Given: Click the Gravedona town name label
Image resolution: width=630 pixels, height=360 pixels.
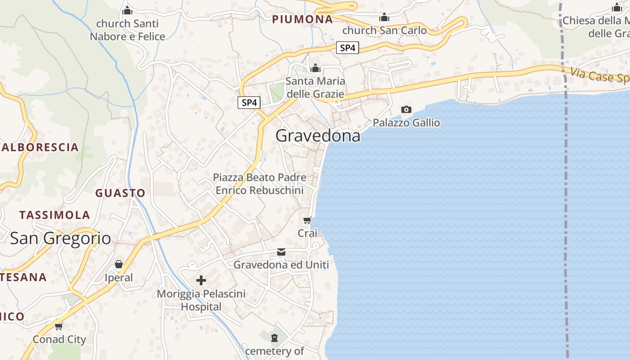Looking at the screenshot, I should [318, 135].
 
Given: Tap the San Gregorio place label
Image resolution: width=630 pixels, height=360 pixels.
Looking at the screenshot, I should [60, 238].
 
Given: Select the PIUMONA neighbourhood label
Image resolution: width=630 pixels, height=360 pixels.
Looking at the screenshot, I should [302, 19].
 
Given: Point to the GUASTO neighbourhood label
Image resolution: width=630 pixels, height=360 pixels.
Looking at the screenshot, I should [120, 193].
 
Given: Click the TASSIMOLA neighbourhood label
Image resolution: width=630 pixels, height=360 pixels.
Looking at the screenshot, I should [54, 215].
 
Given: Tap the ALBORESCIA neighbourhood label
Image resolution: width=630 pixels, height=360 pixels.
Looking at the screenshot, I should [40, 147].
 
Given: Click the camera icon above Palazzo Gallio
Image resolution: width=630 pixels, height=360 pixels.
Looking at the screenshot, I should [406, 109].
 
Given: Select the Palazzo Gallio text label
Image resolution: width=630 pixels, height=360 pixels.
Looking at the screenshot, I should [406, 122].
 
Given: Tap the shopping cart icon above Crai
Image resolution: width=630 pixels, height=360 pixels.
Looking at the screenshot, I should [307, 220].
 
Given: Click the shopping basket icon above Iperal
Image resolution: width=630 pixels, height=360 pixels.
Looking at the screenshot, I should [119, 264].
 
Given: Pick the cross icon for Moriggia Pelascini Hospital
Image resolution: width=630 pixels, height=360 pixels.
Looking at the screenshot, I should [201, 281].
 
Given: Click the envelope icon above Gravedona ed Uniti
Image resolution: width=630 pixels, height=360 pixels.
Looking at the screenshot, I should [281, 252].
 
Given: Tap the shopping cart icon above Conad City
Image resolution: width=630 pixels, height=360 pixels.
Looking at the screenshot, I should [58, 326].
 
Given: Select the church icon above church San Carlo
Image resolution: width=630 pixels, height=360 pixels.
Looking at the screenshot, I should [384, 18].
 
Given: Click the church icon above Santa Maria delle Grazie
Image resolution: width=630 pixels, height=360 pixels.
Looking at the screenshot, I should [315, 68].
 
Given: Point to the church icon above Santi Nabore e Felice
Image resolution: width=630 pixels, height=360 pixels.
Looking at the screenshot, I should [127, 10].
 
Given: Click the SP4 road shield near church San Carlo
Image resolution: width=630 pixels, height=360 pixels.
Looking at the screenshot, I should [347, 48].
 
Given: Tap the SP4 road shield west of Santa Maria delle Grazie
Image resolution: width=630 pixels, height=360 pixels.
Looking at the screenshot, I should [249, 103].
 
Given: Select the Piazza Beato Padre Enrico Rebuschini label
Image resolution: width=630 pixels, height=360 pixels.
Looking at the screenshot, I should [260, 184].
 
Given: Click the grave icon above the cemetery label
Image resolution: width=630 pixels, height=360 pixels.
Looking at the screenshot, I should [274, 337].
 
